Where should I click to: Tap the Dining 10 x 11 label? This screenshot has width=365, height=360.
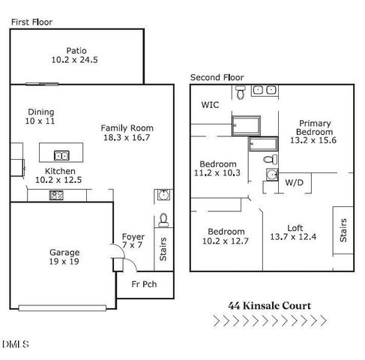40,116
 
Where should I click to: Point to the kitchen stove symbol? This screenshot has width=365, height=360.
56,195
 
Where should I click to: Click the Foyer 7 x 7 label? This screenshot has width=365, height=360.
133,241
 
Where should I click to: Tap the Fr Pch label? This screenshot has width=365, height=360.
145,286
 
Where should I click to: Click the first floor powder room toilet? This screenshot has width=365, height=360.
164,220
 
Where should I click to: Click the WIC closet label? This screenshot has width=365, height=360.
210,106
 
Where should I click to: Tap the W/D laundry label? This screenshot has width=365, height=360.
294,181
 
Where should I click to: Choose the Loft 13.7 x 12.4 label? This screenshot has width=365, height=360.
298,233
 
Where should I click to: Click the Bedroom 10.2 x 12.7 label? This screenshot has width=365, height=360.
226,236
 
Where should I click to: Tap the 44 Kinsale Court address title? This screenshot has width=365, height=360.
270,305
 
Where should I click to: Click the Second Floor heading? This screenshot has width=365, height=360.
217,77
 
